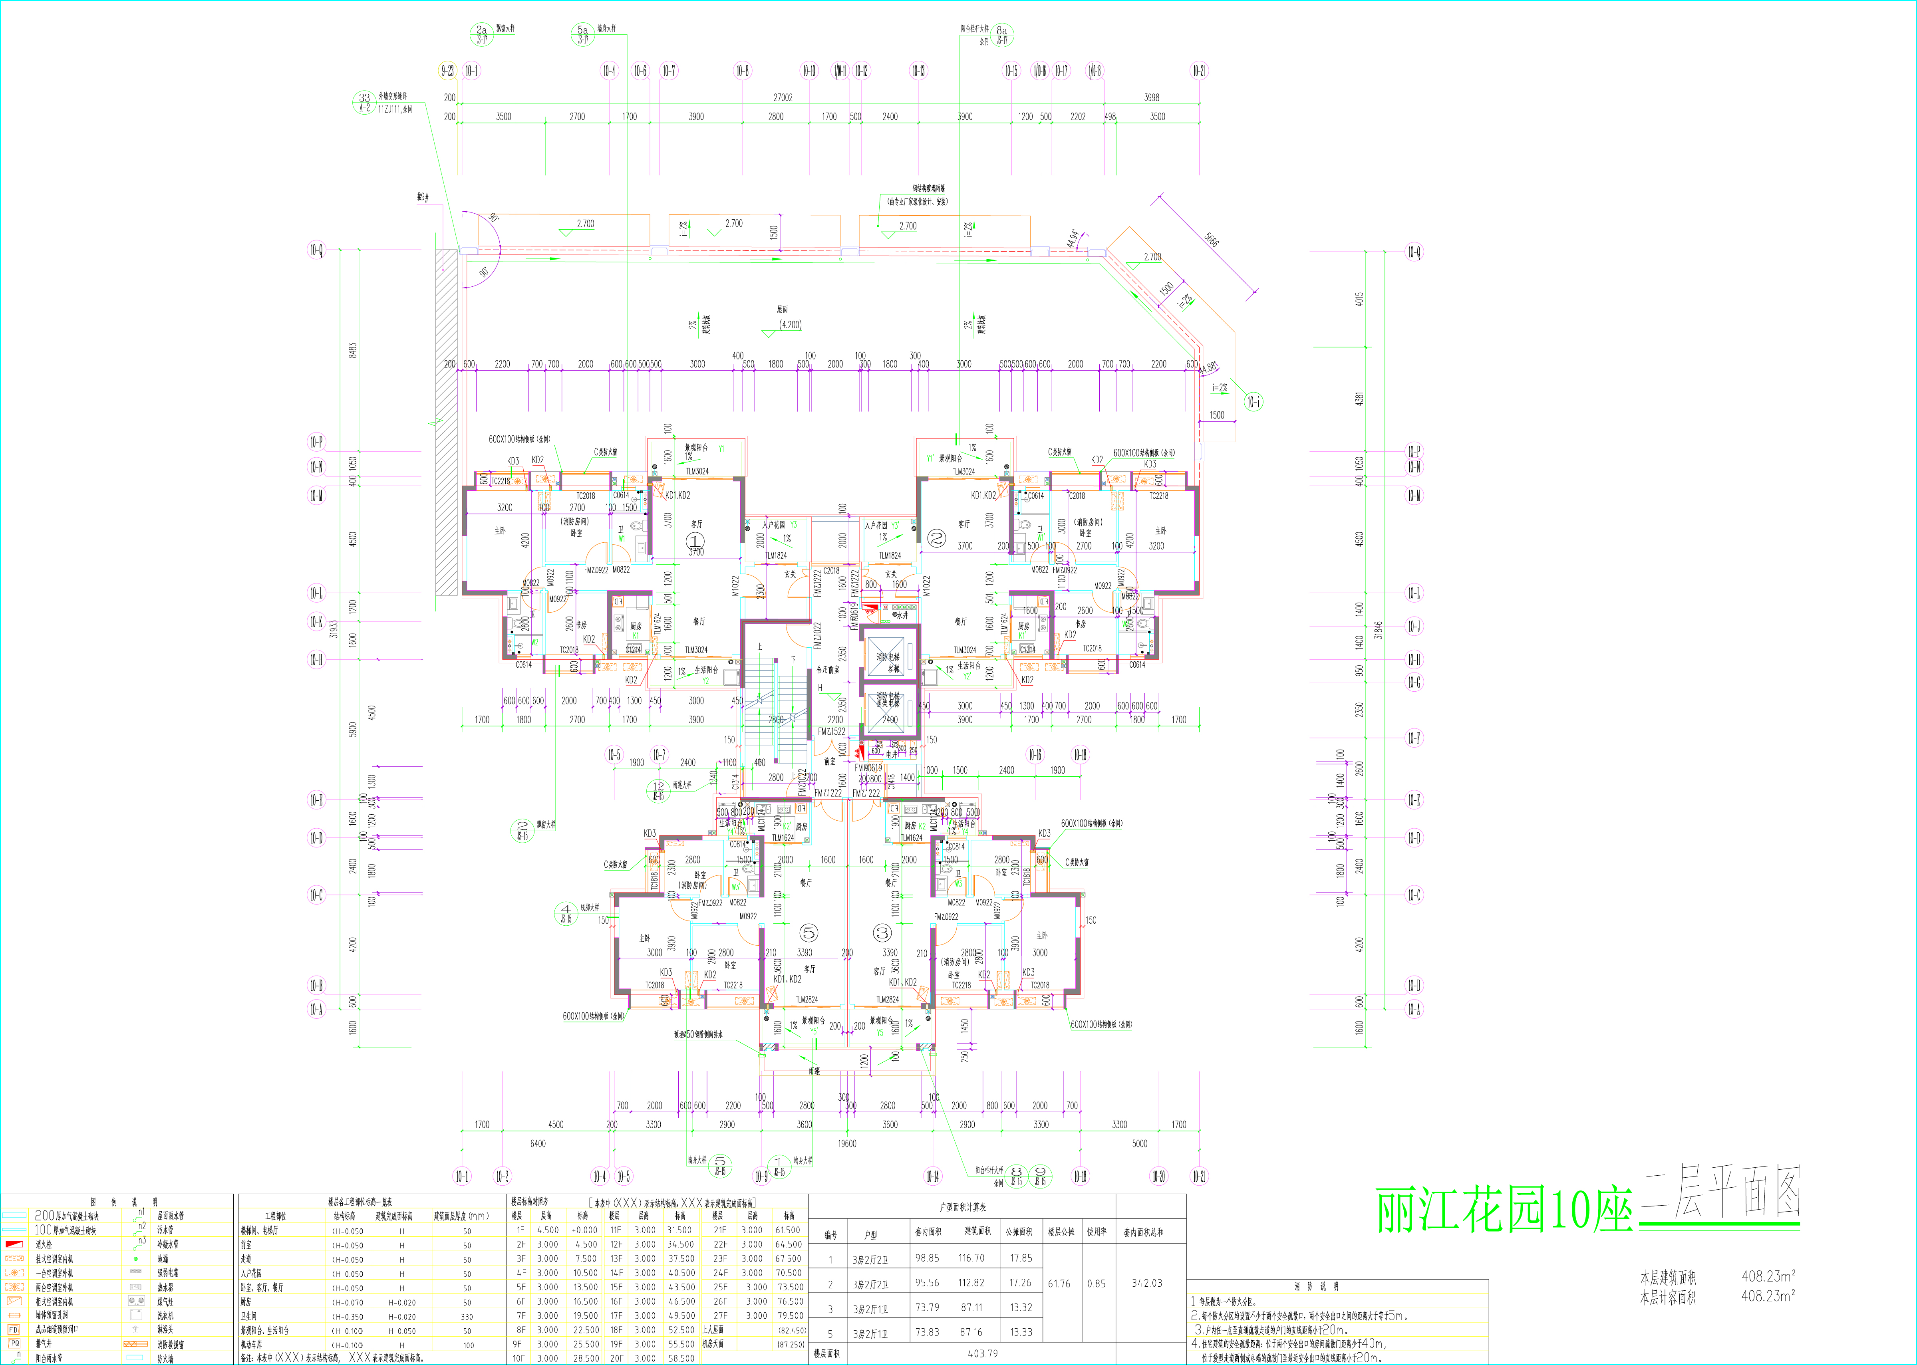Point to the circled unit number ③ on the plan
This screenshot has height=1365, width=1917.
tap(882, 932)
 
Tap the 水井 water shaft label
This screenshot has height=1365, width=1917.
tap(902, 615)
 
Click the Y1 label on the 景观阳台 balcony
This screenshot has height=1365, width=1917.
tap(721, 449)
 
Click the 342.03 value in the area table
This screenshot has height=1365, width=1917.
tap(1147, 1284)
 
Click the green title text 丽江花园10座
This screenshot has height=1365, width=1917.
tap(1503, 1211)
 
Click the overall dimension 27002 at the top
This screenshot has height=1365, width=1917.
tap(782, 97)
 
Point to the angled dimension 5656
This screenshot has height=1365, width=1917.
tap(1211, 240)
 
